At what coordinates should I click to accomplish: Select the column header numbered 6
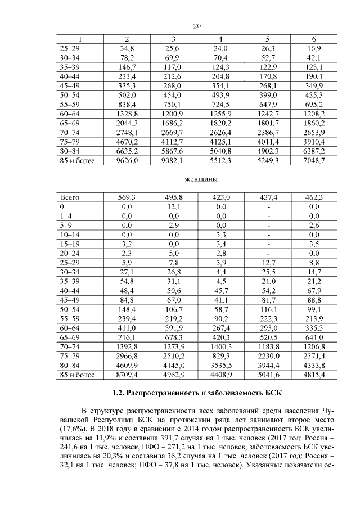(x=313, y=39)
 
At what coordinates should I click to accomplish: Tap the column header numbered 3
(x=174, y=39)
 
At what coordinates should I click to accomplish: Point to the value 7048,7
(x=313, y=161)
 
